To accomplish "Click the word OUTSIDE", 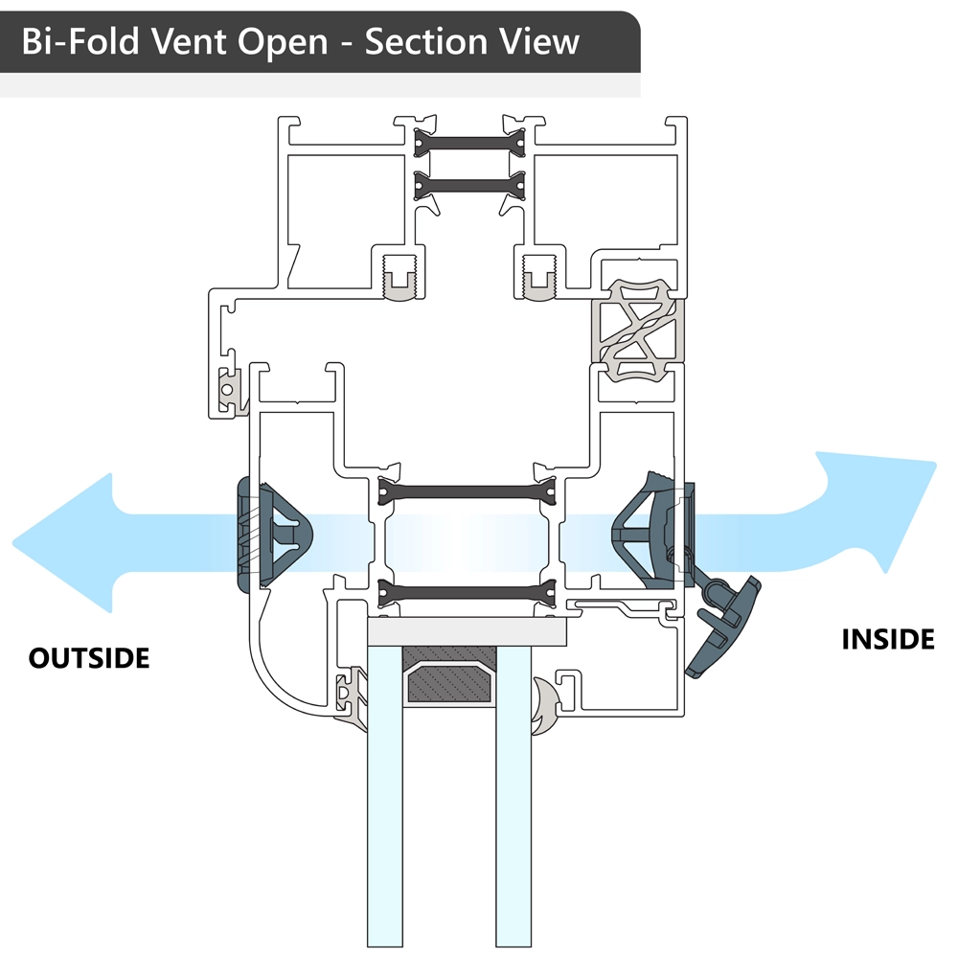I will (x=89, y=658).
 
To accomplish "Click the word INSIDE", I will (x=887, y=639).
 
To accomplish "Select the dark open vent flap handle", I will (x=723, y=627).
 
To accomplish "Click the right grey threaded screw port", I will (x=540, y=279).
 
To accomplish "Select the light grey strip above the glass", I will (x=468, y=631).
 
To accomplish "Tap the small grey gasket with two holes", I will (x=230, y=392).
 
